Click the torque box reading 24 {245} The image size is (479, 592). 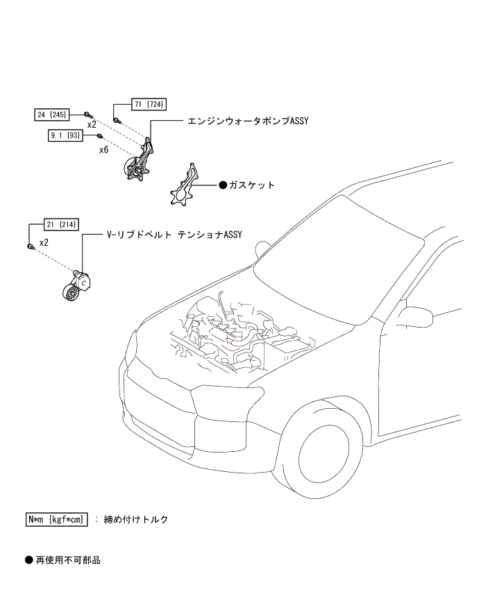click(x=56, y=113)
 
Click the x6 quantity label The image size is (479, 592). click(x=103, y=149)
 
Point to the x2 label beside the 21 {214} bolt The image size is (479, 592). click(x=44, y=243)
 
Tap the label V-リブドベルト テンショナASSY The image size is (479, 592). click(x=174, y=235)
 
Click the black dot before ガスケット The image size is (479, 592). click(x=223, y=185)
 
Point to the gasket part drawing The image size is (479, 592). click(x=183, y=186)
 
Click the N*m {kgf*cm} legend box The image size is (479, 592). click(x=56, y=519)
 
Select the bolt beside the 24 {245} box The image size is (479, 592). click(x=87, y=113)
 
